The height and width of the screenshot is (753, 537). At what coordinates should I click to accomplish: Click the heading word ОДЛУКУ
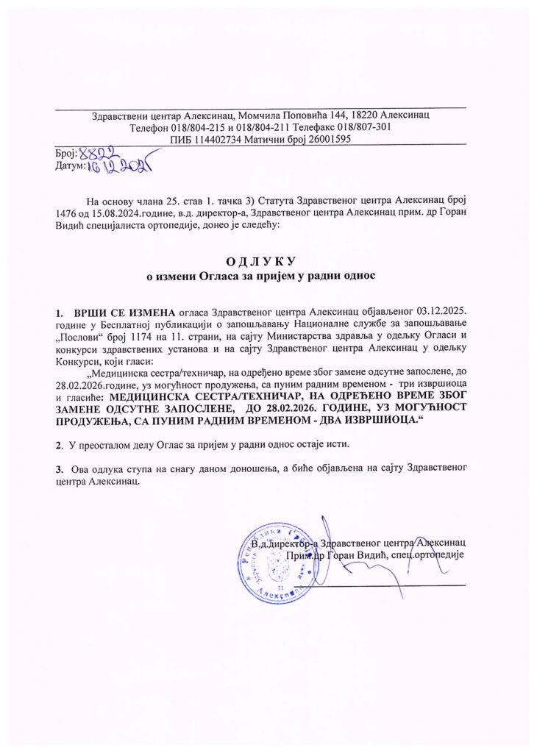pyautogui.click(x=267, y=262)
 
